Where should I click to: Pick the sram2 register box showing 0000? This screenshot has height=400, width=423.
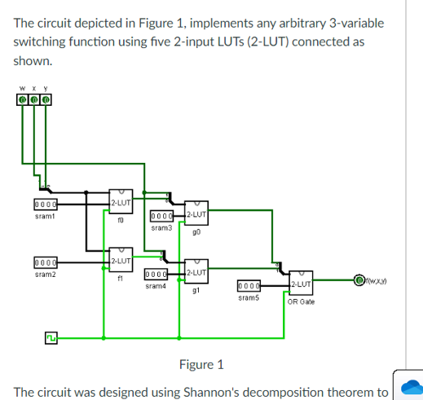[x=45, y=263]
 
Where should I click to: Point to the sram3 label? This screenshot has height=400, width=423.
[x=162, y=228]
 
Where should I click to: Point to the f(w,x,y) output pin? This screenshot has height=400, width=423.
[x=359, y=282]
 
